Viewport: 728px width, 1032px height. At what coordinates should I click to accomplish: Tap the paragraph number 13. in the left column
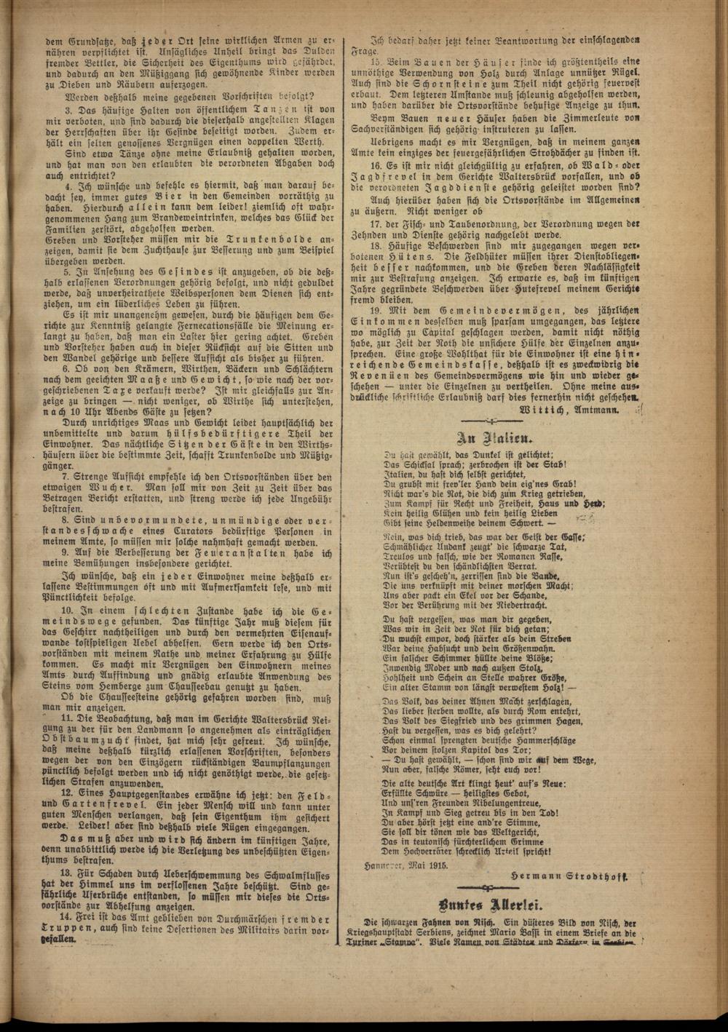66,873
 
